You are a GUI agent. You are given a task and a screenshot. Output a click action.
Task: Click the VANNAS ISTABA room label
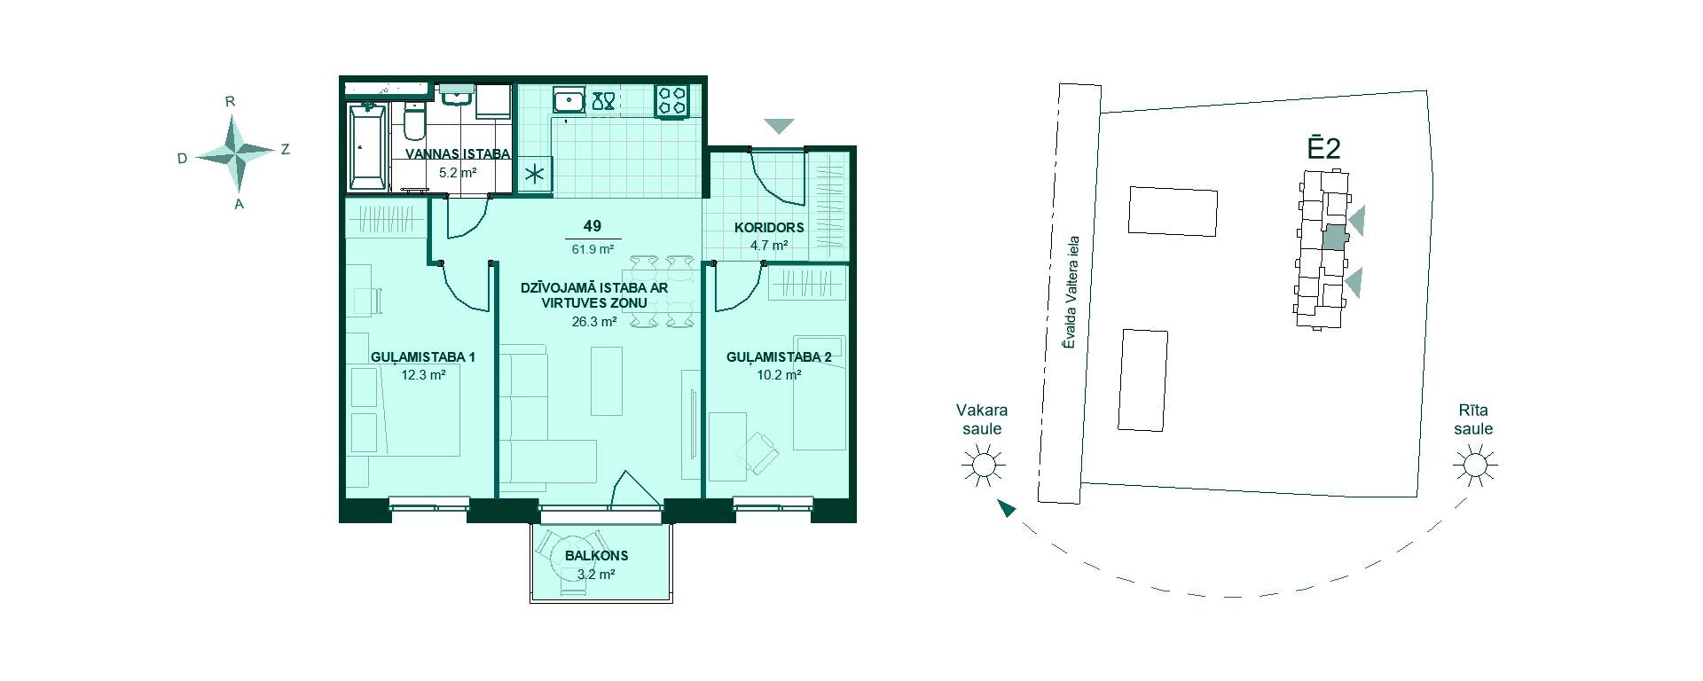pyautogui.click(x=458, y=153)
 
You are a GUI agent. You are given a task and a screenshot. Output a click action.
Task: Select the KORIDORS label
pyautogui.click(x=769, y=227)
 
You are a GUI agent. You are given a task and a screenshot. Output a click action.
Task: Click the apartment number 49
pyautogui.click(x=593, y=227)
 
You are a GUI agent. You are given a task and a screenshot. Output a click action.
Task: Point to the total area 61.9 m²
pyautogui.click(x=593, y=249)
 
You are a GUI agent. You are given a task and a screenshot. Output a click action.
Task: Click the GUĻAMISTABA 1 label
pyautogui.click(x=423, y=357)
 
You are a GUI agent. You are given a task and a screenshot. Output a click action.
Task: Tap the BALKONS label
pyautogui.click(x=596, y=556)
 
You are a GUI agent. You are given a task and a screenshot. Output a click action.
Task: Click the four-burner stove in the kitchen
pyautogui.click(x=672, y=100)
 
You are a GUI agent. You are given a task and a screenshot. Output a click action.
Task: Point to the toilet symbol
pyautogui.click(x=414, y=123)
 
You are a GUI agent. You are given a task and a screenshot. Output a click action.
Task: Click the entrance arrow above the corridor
pyautogui.click(x=779, y=127)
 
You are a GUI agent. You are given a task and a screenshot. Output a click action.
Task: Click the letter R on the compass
pyautogui.click(x=230, y=101)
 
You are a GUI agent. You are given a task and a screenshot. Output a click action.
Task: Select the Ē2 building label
pyautogui.click(x=1323, y=148)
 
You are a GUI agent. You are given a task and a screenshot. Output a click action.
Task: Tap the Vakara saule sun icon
pyautogui.click(x=982, y=465)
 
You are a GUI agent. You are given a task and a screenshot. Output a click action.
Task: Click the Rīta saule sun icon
pyautogui.click(x=1474, y=465)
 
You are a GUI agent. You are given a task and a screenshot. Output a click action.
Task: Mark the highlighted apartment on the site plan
pyautogui.click(x=1333, y=237)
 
